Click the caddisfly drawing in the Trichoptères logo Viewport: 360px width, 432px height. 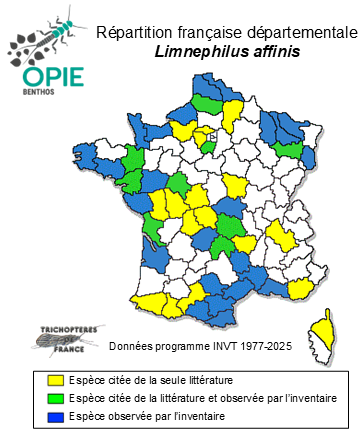(56, 340)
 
